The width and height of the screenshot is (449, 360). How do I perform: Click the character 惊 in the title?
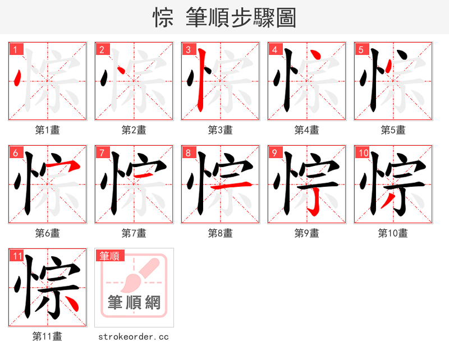pos(163,18)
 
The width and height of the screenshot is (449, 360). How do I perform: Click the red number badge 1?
pos(16,49)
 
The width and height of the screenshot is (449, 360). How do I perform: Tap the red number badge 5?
pos(361,49)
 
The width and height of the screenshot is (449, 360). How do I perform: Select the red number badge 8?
pos(189,153)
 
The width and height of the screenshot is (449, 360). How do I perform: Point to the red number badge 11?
pos(17,256)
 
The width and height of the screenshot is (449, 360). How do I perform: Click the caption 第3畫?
pos(220,130)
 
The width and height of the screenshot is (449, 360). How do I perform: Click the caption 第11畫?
pos(47,336)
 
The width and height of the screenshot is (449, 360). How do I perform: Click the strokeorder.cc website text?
pos(134,336)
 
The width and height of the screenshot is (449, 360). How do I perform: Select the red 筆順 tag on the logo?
pos(109,256)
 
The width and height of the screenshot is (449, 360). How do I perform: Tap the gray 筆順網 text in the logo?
pos(134,303)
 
